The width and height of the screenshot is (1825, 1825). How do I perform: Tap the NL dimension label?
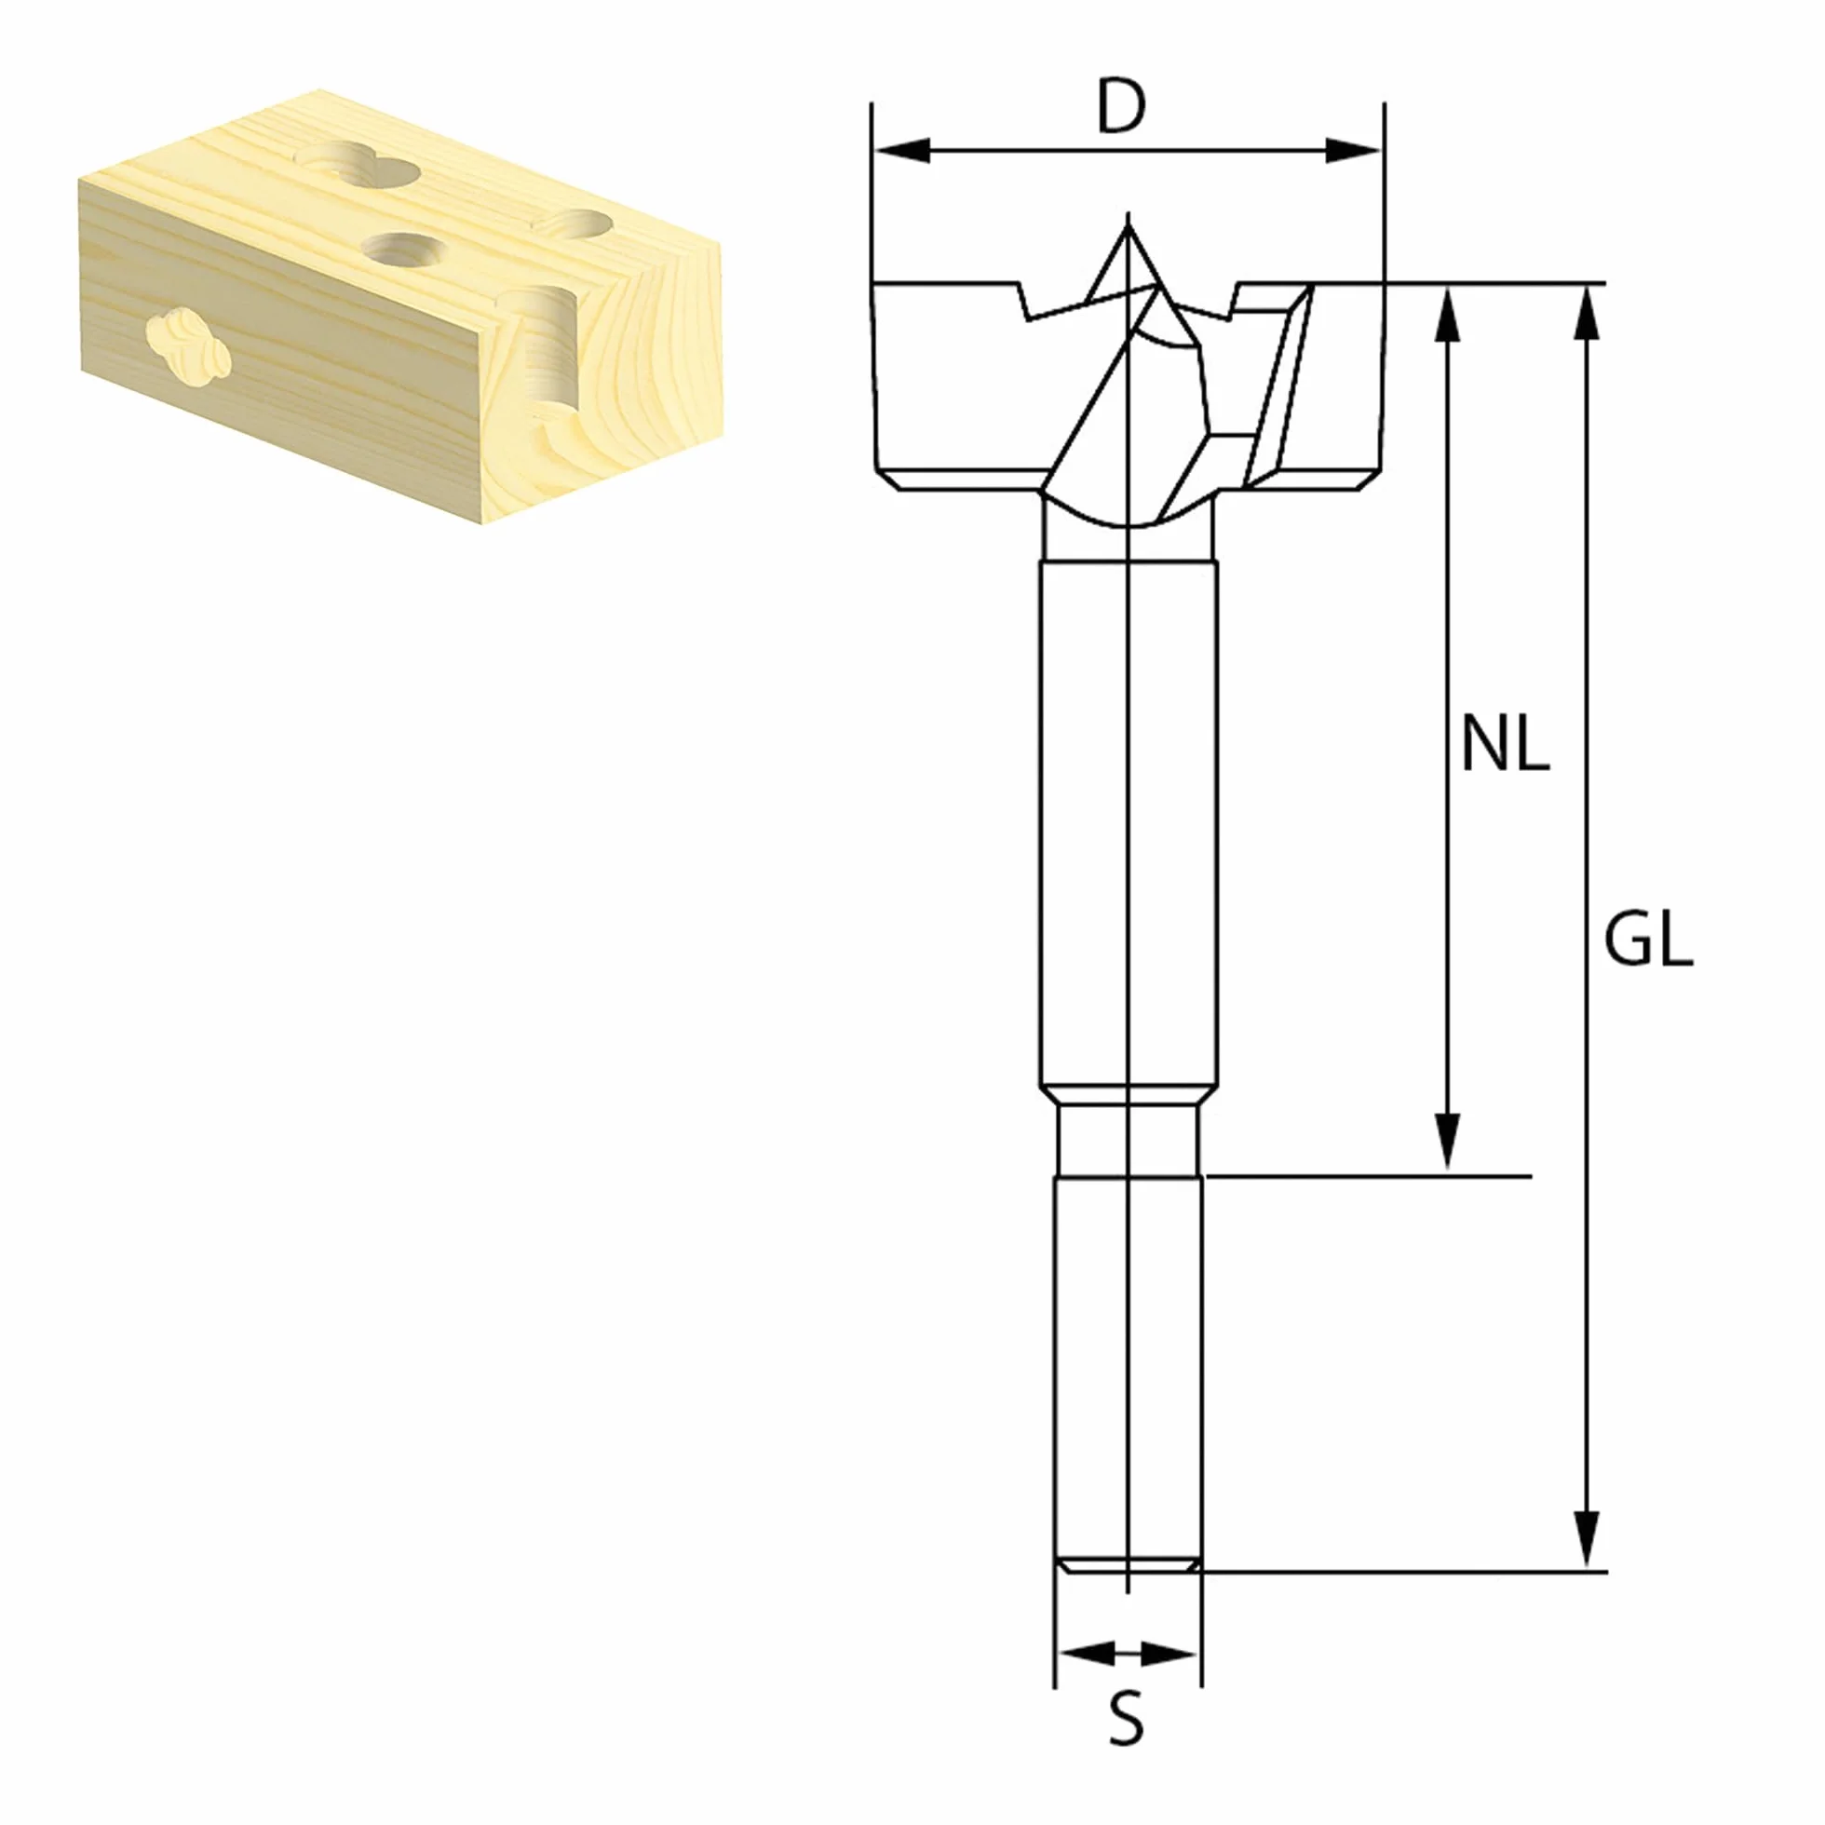click(1505, 743)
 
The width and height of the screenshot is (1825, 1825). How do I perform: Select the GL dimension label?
click(1648, 940)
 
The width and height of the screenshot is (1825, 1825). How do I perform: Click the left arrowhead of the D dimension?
click(902, 150)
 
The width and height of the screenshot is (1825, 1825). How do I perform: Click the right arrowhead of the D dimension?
click(1353, 150)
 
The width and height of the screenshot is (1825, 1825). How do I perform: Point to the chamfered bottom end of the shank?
click(1128, 1566)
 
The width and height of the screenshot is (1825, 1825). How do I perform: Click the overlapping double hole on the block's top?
click(357, 167)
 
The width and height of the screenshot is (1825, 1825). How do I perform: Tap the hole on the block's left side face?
click(190, 348)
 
